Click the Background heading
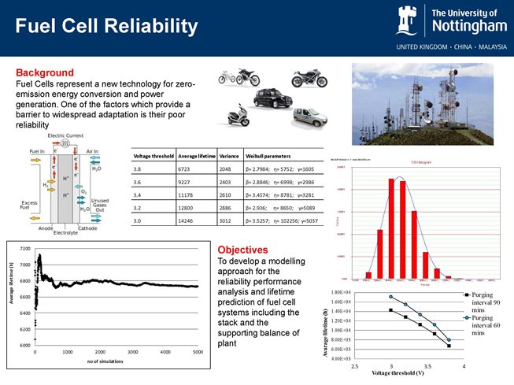[45, 72]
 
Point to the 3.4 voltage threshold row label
[139, 194]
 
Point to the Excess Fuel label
[30, 205]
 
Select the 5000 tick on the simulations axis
[197, 352]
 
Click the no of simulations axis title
[115, 360]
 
